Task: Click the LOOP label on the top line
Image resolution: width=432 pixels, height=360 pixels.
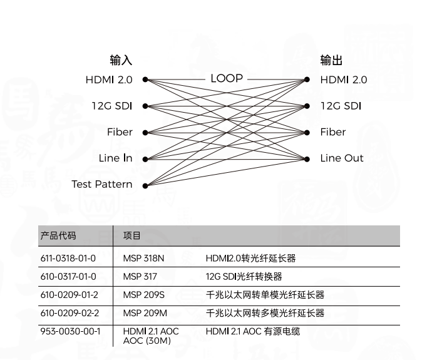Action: [x=226, y=79]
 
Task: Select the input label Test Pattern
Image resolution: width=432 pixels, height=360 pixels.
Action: [x=102, y=184]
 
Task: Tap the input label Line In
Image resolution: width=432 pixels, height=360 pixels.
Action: [x=115, y=158]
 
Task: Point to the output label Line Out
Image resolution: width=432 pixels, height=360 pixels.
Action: [x=342, y=158]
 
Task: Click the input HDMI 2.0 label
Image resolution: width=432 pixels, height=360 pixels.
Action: [x=109, y=80]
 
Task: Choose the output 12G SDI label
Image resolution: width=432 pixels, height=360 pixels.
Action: [x=341, y=106]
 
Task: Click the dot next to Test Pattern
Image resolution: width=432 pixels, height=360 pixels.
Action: [x=145, y=185]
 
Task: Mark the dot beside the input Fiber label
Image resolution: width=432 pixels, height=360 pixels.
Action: [x=145, y=133]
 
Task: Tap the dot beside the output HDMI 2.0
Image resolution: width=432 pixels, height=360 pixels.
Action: [x=307, y=80]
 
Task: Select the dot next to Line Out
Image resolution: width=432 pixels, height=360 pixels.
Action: [x=307, y=159]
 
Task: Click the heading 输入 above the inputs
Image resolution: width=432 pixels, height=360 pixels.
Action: [x=121, y=61]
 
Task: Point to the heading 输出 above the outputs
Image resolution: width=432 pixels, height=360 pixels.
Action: [x=331, y=61]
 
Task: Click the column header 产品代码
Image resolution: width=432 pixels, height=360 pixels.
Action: [x=58, y=235]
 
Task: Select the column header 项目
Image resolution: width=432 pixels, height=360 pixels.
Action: [x=132, y=235]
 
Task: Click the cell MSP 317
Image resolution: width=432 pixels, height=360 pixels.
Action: [x=140, y=276]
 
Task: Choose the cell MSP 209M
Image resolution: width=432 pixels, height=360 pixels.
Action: [x=145, y=313]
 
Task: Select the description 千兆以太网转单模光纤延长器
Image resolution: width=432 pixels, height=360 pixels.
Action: [x=265, y=295]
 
